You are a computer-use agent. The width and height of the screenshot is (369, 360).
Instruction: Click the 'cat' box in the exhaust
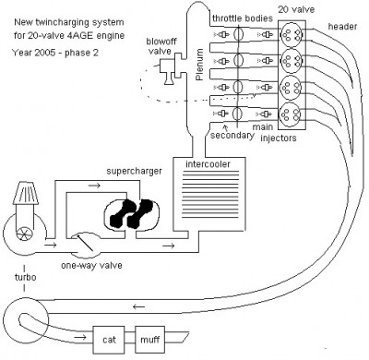click(x=109, y=338)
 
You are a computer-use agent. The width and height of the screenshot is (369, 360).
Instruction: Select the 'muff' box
click(x=151, y=338)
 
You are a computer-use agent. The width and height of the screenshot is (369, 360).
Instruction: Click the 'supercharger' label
click(x=128, y=172)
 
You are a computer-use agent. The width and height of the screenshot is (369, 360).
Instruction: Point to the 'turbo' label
click(x=18, y=274)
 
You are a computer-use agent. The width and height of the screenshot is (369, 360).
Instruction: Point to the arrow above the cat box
click(x=138, y=308)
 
